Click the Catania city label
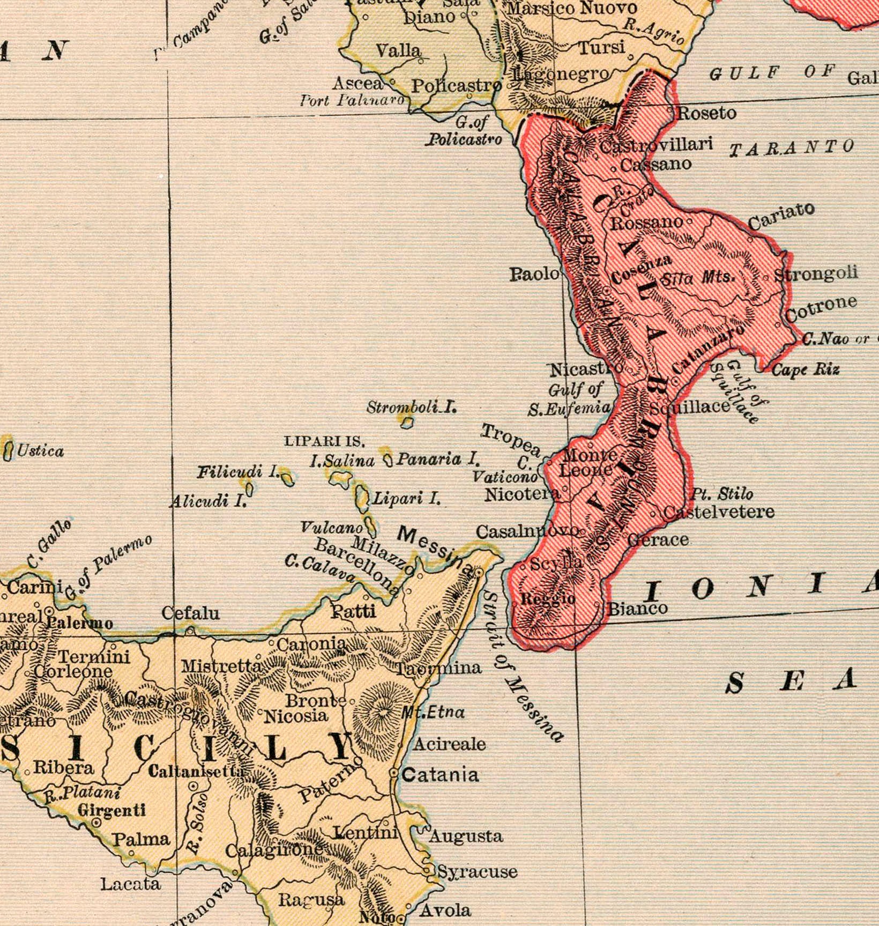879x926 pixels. coord(440,775)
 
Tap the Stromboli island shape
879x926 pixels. coord(407,423)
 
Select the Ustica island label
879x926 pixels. coord(40,451)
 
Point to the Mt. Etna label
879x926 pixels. coord(433,712)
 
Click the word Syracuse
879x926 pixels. coord(478,871)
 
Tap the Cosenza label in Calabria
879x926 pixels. coord(641,269)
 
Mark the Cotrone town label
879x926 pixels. coord(821,309)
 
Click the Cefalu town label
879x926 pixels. coord(191,613)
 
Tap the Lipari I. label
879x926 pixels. coord(406,498)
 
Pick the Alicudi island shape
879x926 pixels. coord(249,488)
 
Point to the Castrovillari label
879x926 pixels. coord(656,145)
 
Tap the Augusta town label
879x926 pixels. coord(466,835)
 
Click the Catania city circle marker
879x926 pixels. coord(393,773)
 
